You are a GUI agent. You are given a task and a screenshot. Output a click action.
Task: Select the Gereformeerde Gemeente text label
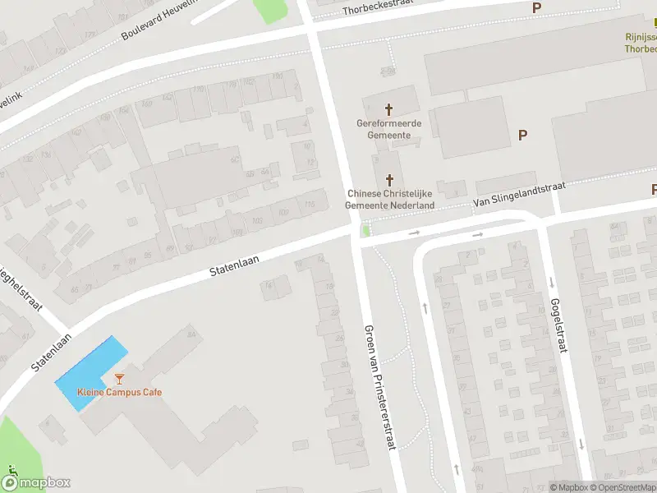point(389,129)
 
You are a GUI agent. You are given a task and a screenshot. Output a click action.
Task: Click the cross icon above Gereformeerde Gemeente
point(389,108)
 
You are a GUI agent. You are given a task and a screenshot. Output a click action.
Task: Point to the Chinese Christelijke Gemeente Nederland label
point(390,199)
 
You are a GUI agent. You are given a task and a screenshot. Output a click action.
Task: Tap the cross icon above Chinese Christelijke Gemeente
point(389,179)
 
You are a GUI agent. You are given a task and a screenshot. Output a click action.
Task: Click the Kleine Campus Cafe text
point(119,392)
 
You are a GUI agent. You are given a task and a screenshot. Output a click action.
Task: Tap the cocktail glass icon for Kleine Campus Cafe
point(120,379)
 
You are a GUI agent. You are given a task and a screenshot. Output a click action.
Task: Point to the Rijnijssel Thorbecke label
point(641,43)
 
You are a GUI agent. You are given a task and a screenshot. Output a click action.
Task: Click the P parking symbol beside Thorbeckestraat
point(537,7)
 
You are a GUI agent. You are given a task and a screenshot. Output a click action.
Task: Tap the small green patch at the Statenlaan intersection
point(365,231)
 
